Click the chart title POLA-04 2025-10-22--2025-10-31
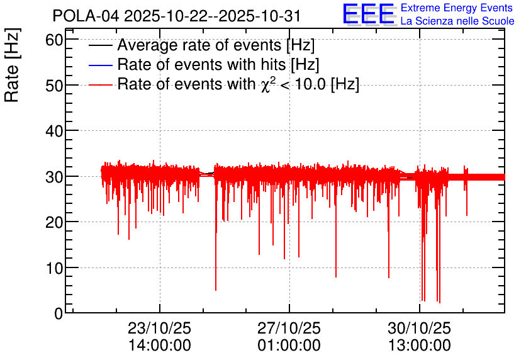176,16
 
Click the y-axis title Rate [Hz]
12,65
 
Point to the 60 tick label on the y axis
54,40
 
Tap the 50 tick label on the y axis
54,86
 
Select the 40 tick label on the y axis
54,131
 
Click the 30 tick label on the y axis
54,177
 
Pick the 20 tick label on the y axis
54,222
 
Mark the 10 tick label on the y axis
54,268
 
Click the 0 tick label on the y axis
59,313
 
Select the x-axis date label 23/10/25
159,328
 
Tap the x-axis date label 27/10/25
289,328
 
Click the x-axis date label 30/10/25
419,328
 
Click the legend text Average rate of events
199,45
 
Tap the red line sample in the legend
100,84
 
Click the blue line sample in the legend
100,65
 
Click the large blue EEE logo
369,14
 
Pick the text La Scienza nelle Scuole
457,21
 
